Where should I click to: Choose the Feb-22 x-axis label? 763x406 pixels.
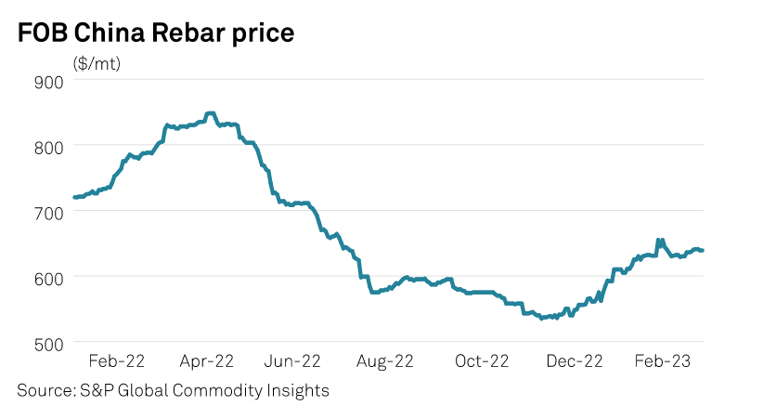[x=116, y=360]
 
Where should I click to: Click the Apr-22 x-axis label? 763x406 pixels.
[x=206, y=360]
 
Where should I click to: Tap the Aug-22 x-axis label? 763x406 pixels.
[x=384, y=360]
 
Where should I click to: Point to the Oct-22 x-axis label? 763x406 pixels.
[x=481, y=360]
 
